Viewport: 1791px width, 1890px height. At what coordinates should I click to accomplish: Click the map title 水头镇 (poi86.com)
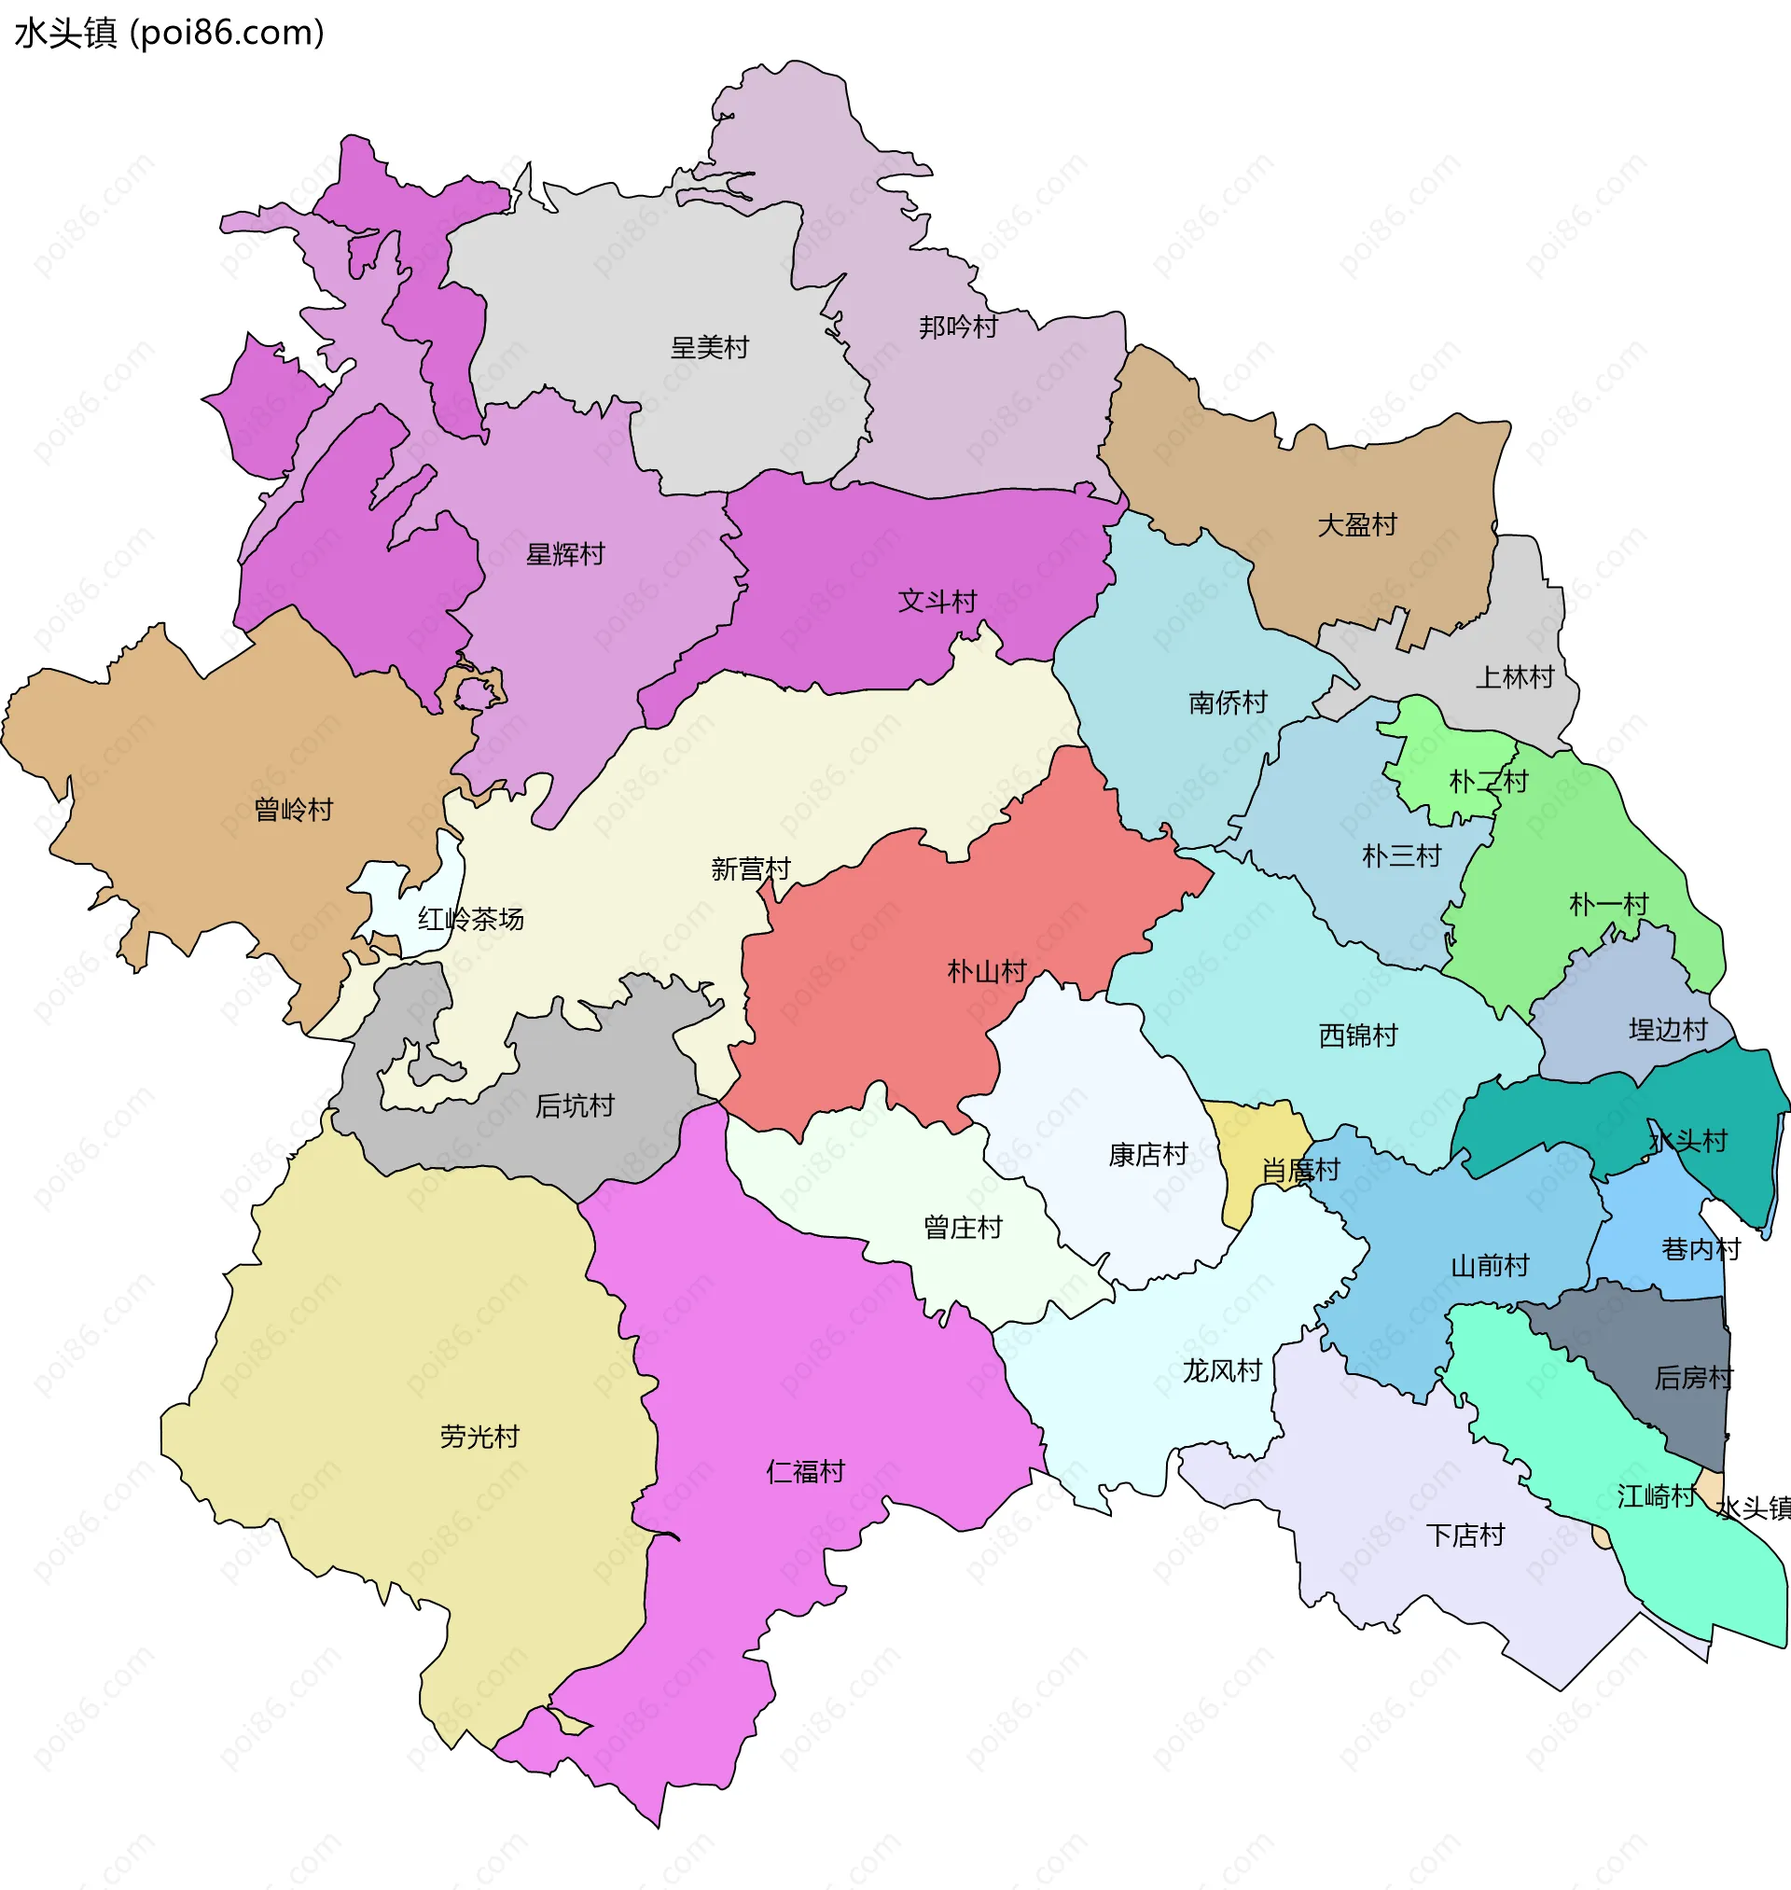tap(170, 34)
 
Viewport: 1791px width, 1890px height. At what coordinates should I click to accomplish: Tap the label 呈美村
tap(709, 347)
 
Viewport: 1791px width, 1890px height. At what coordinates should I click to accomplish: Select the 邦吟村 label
tap(958, 327)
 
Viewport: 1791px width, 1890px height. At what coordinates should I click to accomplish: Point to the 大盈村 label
tap(1356, 525)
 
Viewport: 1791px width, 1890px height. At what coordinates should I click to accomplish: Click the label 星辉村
tap(565, 554)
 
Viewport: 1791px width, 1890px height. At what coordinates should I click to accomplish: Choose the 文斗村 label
tap(937, 602)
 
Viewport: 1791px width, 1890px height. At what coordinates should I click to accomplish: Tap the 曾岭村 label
tap(293, 811)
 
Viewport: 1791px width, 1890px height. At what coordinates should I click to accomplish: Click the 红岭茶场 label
tap(471, 919)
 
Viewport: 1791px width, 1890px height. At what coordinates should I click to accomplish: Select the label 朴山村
tap(986, 972)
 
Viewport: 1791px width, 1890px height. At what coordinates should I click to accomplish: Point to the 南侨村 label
tap(1228, 703)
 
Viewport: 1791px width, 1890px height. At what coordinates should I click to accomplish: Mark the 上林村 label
tap(1515, 677)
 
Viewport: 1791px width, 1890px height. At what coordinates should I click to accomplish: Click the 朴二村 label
tap(1489, 782)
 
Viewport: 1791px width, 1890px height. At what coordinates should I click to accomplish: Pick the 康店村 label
tap(1147, 1155)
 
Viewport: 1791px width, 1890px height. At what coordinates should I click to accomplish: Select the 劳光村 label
tap(479, 1437)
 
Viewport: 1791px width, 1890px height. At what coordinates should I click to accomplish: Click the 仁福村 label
tap(805, 1472)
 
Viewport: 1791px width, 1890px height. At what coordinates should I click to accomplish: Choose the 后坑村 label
tap(574, 1105)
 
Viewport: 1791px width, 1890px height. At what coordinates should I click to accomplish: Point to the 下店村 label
tap(1465, 1535)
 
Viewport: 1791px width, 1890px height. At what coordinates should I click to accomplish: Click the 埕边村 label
tap(1667, 1030)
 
